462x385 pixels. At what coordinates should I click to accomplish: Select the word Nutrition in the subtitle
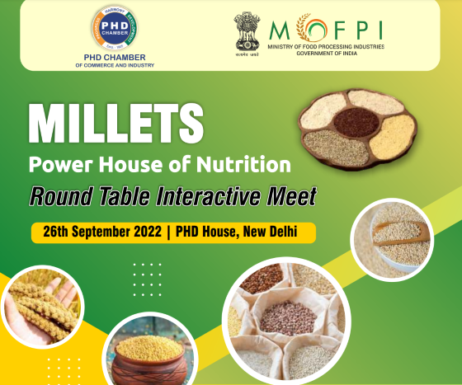click(246, 163)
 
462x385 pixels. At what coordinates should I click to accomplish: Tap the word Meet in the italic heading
click(293, 197)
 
